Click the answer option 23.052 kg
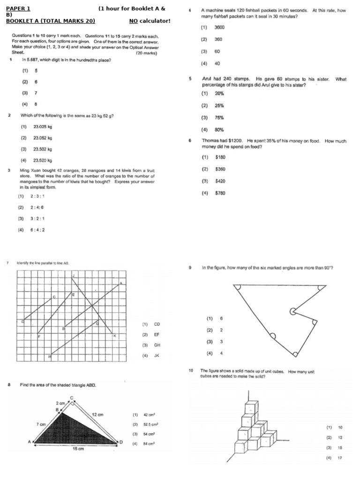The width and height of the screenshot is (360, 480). (42, 138)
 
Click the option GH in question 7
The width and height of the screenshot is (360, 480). (157, 345)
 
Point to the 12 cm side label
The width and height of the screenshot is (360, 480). (97, 414)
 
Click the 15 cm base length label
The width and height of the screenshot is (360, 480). (78, 449)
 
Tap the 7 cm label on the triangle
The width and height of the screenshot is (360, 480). (41, 424)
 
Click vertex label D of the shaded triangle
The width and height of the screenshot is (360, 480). (121, 442)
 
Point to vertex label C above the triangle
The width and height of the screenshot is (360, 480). (72, 397)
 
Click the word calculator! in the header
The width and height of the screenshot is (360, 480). (155, 21)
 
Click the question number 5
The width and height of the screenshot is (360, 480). (190, 79)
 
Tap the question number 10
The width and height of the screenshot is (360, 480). (191, 370)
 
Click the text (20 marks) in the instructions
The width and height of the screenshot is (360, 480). (147, 53)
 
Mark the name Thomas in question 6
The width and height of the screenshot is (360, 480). (210, 141)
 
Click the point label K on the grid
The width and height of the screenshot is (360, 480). (114, 336)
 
